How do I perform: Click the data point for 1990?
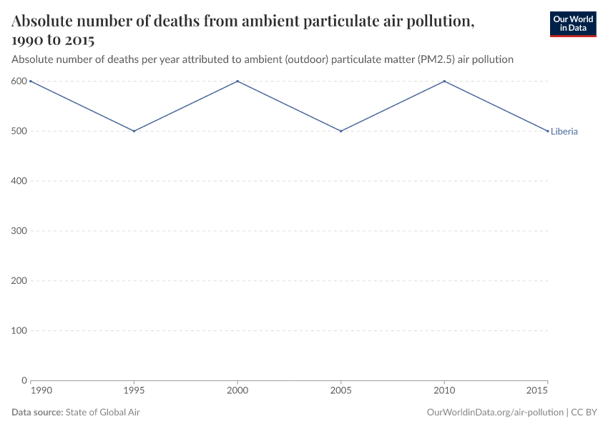pos(31,81)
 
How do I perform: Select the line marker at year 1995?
pos(134,131)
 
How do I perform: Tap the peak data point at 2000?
pos(237,81)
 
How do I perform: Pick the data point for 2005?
pos(341,131)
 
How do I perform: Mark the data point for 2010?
pos(445,81)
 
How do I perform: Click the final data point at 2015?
pos(548,131)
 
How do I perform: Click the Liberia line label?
pos(564,132)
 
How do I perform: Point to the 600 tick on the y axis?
pos(19,81)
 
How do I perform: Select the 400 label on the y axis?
pos(19,181)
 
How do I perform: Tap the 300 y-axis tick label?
pos(19,231)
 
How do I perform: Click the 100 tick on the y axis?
pos(19,330)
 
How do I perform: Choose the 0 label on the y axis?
pos(24,380)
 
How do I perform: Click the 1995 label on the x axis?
pos(134,392)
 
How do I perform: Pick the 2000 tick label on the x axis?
pos(237,392)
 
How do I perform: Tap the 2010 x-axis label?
pos(445,392)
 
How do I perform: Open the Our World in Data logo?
pos(572,24)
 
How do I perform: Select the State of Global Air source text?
pos(103,413)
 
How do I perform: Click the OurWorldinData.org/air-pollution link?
pos(494,413)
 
